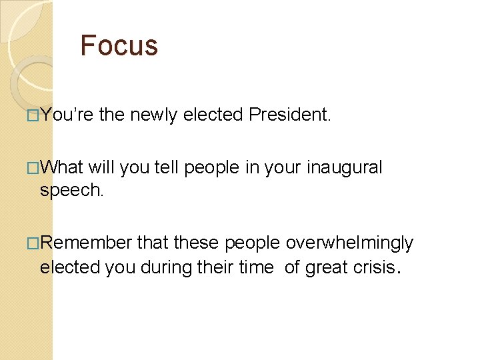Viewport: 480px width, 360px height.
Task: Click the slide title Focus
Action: point(119,45)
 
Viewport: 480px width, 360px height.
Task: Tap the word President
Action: point(289,115)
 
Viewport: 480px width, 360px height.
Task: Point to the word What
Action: point(61,167)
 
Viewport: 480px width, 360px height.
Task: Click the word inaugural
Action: point(345,167)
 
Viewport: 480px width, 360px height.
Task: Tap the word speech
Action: point(71,191)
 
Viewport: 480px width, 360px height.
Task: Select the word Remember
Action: point(86,243)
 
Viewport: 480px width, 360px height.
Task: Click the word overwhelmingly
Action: point(349,243)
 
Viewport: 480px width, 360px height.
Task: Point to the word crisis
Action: point(375,267)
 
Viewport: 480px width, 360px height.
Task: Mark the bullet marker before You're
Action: point(33,115)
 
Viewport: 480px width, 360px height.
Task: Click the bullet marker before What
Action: point(33,167)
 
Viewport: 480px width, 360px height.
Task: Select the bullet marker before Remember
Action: point(33,243)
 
